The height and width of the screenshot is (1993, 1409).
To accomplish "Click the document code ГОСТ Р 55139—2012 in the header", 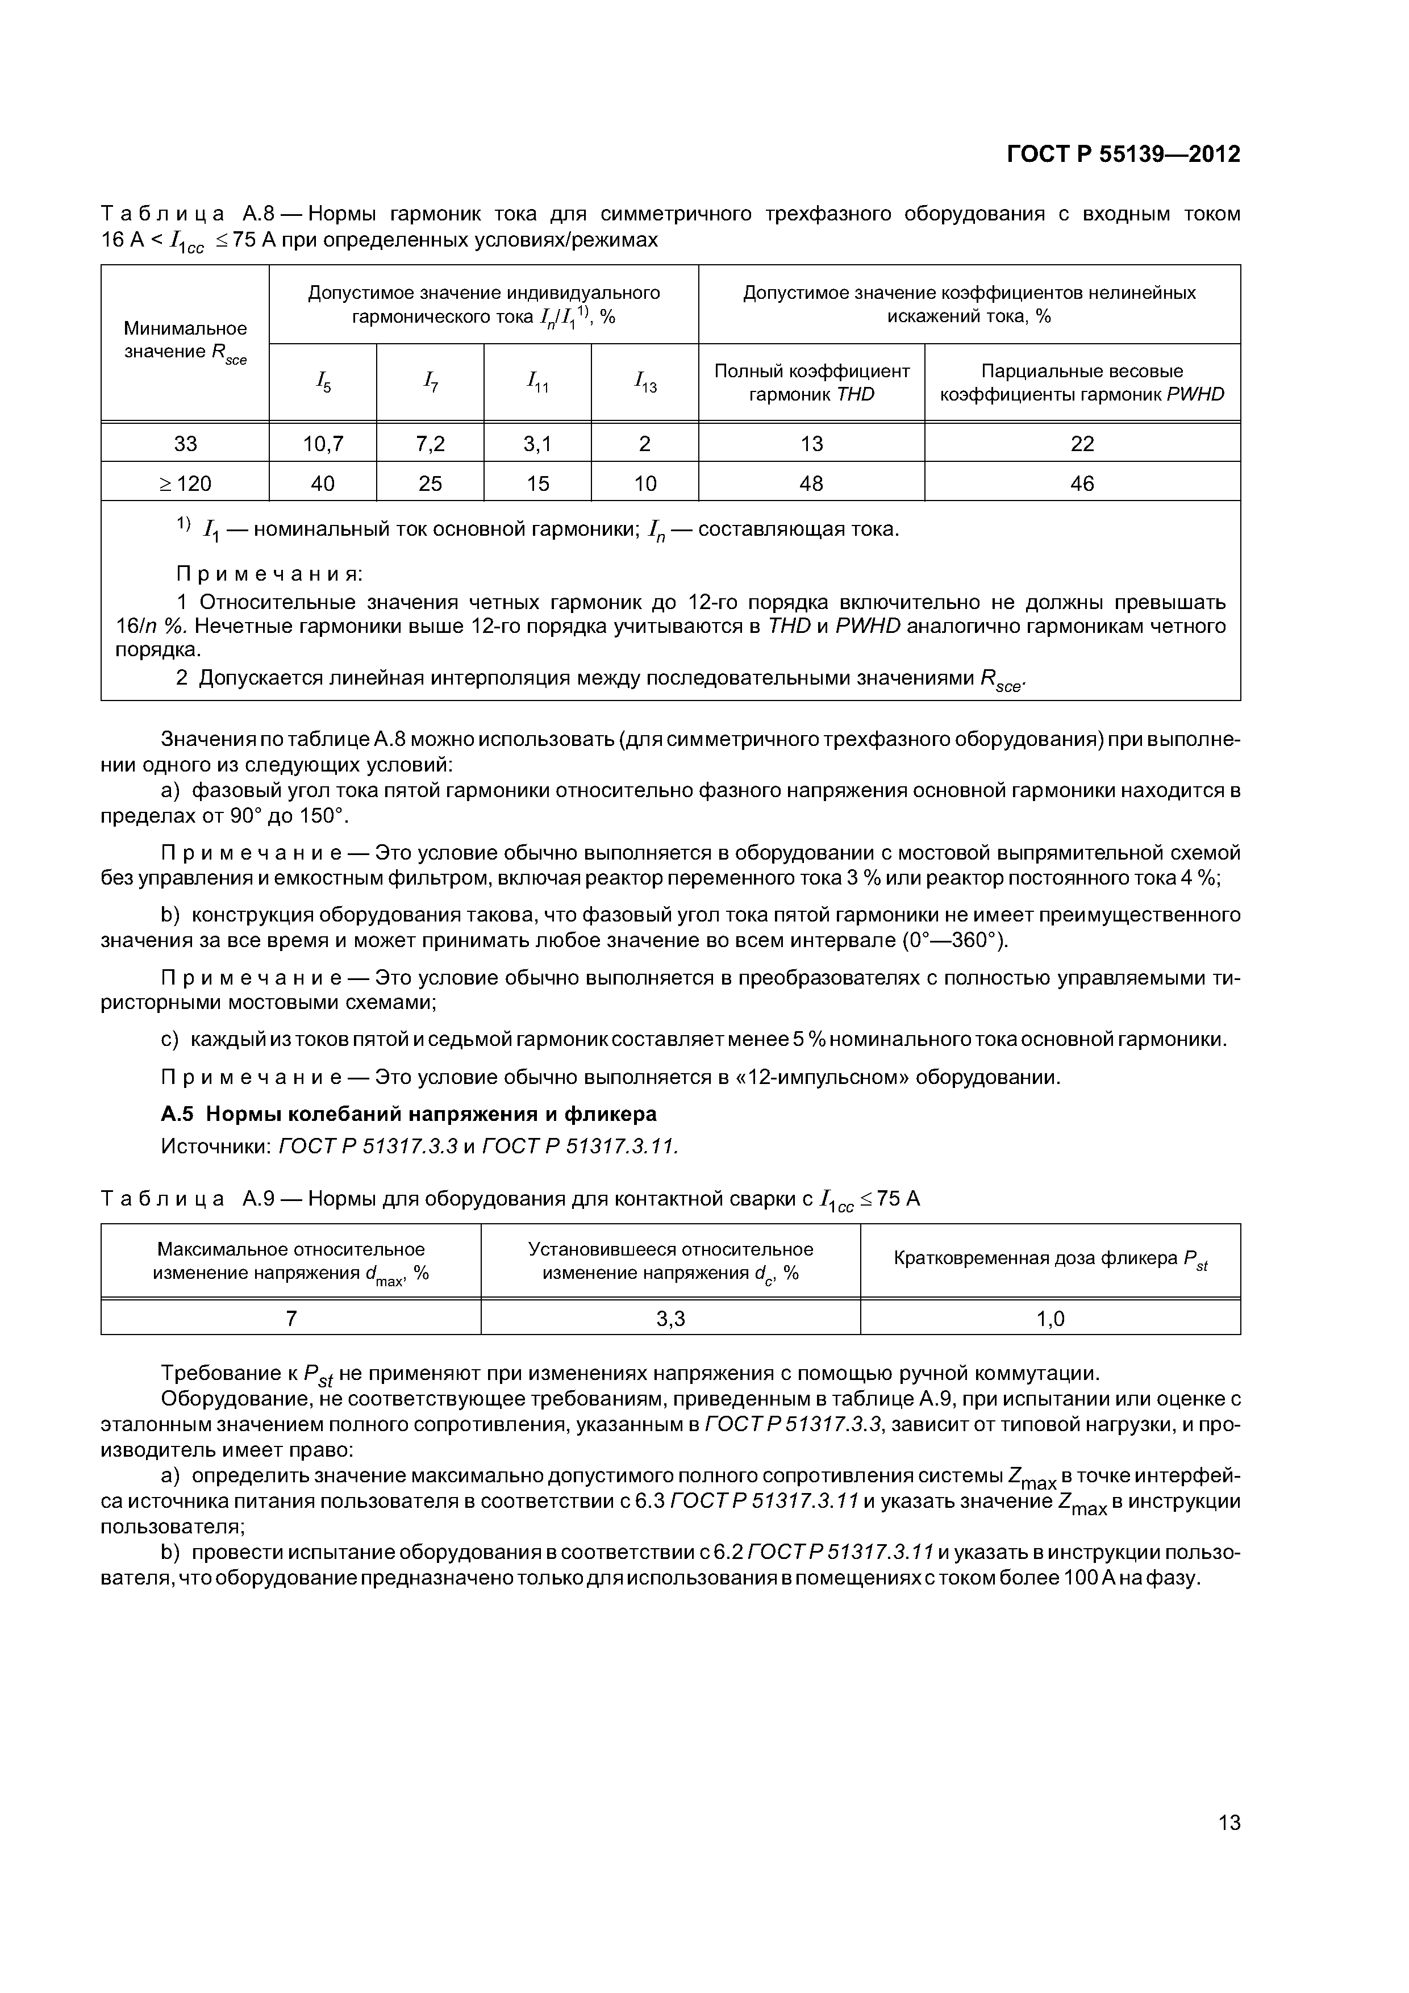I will pyautogui.click(x=1123, y=155).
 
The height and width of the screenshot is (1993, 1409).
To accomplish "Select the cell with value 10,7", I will pyautogui.click(x=322, y=444).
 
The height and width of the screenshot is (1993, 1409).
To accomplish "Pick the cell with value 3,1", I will pyautogui.click(x=537, y=444).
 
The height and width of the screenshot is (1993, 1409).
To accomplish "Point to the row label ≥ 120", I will pyautogui.click(x=185, y=483).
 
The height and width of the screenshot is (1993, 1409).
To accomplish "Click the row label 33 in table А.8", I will pyautogui.click(x=185, y=444).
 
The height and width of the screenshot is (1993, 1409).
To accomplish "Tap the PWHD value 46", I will pyautogui.click(x=1082, y=483).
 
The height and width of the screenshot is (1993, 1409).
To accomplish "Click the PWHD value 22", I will pyautogui.click(x=1082, y=444).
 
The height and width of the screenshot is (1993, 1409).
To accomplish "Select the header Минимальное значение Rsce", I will pyautogui.click(x=185, y=341).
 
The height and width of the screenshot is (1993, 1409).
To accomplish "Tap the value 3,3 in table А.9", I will pyautogui.click(x=670, y=1319).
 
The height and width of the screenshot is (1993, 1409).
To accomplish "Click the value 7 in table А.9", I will pyautogui.click(x=291, y=1319).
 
